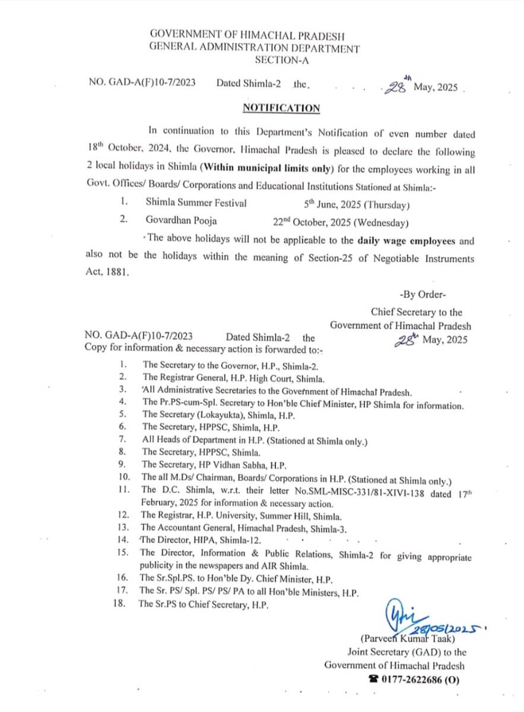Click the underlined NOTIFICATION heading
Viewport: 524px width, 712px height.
tap(281, 108)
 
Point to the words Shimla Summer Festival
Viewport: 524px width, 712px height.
tap(196, 204)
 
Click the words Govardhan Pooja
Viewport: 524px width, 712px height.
tap(181, 221)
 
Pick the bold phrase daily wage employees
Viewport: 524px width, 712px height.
tap(407, 241)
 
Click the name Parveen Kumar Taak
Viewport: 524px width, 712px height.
tap(408, 639)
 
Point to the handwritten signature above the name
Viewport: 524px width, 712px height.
tap(396, 617)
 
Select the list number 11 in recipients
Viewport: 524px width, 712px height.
tap(123, 490)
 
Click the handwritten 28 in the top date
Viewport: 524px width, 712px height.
tap(395, 88)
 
